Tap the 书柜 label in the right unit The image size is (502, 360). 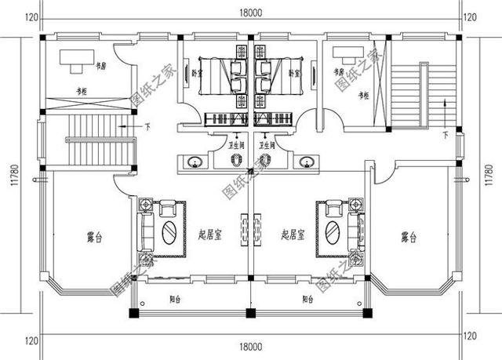(363, 96)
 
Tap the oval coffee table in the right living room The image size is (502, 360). (333, 232)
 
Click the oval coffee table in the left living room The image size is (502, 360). (169, 233)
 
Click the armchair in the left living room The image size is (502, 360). (168, 209)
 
